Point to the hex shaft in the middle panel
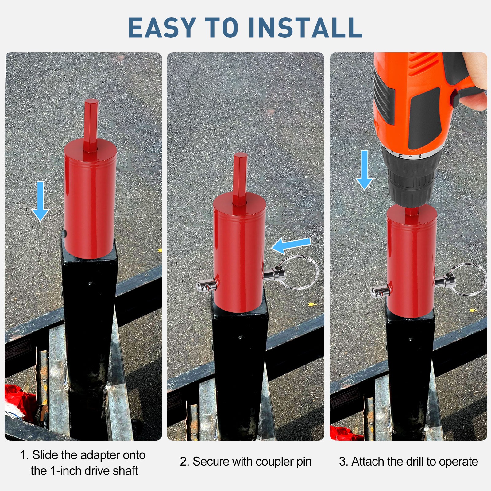coord(240,178)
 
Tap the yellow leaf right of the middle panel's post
coord(312,304)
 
